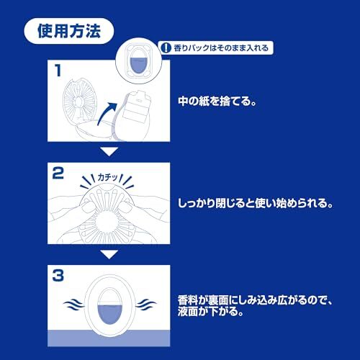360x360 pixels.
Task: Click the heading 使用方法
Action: coord(69,31)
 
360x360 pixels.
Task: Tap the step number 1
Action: coord(58,71)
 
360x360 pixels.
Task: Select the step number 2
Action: coord(58,174)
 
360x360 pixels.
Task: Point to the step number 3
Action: coord(58,276)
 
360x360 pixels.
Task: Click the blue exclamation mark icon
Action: coord(166,48)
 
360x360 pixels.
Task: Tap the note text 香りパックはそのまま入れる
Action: coord(221,48)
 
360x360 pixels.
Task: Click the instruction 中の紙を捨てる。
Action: coord(217,101)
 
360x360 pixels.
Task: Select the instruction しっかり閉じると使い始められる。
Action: coord(256,203)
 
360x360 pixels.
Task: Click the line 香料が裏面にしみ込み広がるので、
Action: coord(255,300)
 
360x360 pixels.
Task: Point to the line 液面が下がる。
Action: coord(210,312)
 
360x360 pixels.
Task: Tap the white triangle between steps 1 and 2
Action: coord(109,152)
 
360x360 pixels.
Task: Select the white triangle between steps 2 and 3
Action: coord(109,254)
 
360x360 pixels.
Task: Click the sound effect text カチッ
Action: coord(107,177)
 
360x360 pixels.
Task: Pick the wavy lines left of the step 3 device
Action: coord(73,305)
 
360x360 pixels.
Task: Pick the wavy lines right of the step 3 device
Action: coord(146,305)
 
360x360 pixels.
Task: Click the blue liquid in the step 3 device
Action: coord(109,314)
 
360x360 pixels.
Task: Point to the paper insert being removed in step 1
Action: coord(136,107)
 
